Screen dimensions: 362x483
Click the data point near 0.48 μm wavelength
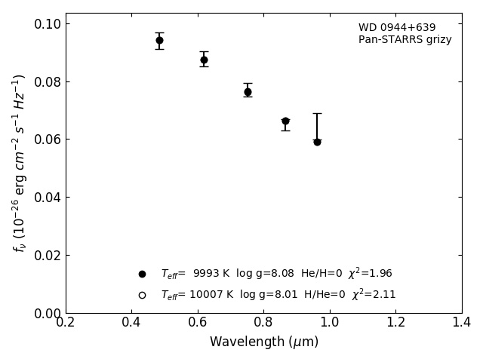[159, 41]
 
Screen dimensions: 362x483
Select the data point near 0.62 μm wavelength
[204, 60]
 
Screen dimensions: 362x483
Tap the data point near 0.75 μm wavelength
[248, 92]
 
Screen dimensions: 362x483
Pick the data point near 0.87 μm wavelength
[285, 121]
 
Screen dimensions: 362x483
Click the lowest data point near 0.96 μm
[317, 142]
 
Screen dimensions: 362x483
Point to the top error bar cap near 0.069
[317, 113]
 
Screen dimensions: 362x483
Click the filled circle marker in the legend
[142, 274]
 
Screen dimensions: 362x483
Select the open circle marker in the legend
[142, 295]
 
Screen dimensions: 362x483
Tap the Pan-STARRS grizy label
[405, 40]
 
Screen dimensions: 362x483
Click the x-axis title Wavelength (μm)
[264, 342]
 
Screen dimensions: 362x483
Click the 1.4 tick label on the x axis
[462, 323]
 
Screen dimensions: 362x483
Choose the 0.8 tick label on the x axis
[263, 323]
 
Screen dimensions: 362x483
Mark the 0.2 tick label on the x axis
[66, 323]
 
